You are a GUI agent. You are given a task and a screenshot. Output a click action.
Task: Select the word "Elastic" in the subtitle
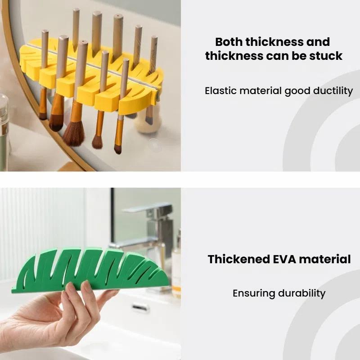tap(220, 91)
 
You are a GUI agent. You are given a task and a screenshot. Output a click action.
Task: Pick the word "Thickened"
tap(239, 259)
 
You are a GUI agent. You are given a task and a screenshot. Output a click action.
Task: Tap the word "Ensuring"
tap(254, 294)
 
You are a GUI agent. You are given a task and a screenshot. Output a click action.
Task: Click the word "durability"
tap(301, 293)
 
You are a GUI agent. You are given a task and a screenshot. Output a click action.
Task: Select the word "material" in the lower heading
tap(324, 259)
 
